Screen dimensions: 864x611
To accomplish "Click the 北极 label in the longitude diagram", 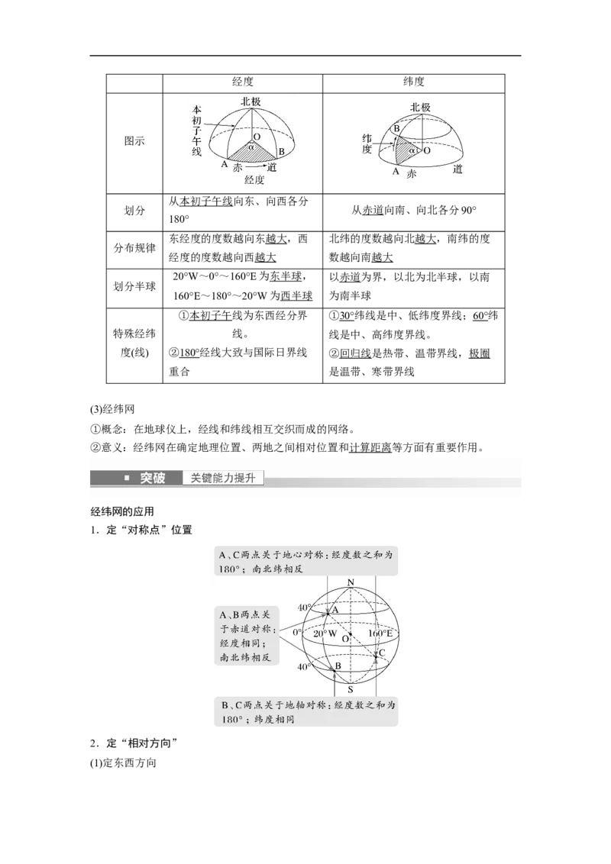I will tap(251, 102).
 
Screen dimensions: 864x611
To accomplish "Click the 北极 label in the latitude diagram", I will tap(419, 108).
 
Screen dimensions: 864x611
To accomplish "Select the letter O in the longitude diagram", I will tap(256, 137).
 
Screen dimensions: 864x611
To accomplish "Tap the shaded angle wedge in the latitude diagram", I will tap(402, 150).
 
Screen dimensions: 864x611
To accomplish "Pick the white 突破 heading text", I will tap(152, 479).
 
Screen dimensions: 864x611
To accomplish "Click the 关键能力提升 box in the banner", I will tap(223, 479).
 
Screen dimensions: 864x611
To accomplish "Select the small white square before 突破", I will tap(127, 479).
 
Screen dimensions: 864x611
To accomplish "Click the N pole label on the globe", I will tap(351, 583).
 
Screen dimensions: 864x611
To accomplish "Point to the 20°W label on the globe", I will tap(325, 633).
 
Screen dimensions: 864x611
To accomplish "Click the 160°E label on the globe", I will tap(380, 633).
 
